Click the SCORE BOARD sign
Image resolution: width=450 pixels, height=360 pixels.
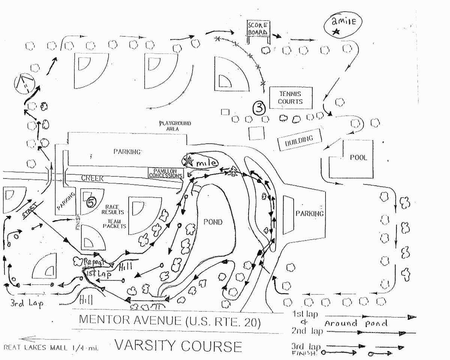pyautogui.click(x=258, y=28)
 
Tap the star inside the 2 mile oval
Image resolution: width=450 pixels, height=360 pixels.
pyautogui.click(x=336, y=32)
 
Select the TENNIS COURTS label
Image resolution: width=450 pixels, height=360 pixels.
pyautogui.click(x=290, y=97)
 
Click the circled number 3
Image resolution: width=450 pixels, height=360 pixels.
pyautogui.click(x=259, y=108)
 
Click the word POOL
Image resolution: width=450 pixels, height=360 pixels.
pyautogui.click(x=358, y=157)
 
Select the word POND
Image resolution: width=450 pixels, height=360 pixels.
pyautogui.click(x=213, y=222)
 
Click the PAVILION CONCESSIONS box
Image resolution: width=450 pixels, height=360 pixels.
pyautogui.click(x=165, y=173)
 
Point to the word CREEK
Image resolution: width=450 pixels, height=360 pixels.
pyautogui.click(x=92, y=178)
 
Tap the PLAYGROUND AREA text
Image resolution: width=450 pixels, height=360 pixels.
pyautogui.click(x=175, y=126)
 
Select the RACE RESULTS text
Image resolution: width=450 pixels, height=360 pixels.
pyautogui.click(x=112, y=210)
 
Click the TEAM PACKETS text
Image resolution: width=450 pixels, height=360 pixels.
pyautogui.click(x=114, y=224)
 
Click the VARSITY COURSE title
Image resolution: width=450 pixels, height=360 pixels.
pyautogui.click(x=178, y=345)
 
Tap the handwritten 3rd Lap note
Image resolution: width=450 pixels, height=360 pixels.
pyautogui.click(x=26, y=303)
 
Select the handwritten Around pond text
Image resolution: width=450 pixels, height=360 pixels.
pyautogui.click(x=355, y=323)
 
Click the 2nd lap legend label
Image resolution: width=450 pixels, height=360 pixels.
pyautogui.click(x=304, y=331)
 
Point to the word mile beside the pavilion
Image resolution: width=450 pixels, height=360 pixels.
pyautogui.click(x=207, y=163)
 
